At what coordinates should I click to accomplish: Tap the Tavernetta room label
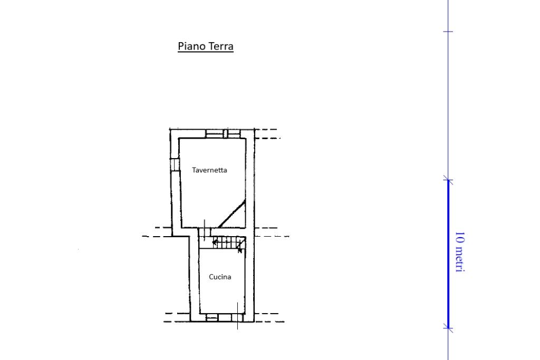pyautogui.click(x=209, y=170)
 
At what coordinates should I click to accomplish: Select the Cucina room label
pyautogui.click(x=220, y=277)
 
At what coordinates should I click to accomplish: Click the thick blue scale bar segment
pyautogui.click(x=448, y=254)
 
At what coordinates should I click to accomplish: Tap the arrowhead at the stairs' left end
pyautogui.click(x=215, y=242)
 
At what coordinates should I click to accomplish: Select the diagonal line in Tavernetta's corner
pyautogui.click(x=232, y=213)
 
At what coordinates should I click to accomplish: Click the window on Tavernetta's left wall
pyautogui.click(x=175, y=164)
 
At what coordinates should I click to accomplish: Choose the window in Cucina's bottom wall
pyautogui.click(x=212, y=318)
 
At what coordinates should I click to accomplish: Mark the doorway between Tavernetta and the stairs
pyautogui.click(x=205, y=232)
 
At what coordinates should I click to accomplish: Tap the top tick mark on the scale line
pyautogui.click(x=448, y=31)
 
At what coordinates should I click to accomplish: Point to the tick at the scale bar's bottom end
pyautogui.click(x=448, y=328)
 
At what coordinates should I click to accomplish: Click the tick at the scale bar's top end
pyautogui.click(x=448, y=180)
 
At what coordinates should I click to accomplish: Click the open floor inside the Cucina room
pyautogui.click(x=222, y=293)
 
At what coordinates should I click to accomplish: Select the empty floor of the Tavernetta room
pyautogui.click(x=207, y=193)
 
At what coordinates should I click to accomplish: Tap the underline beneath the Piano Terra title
pyautogui.click(x=206, y=52)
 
